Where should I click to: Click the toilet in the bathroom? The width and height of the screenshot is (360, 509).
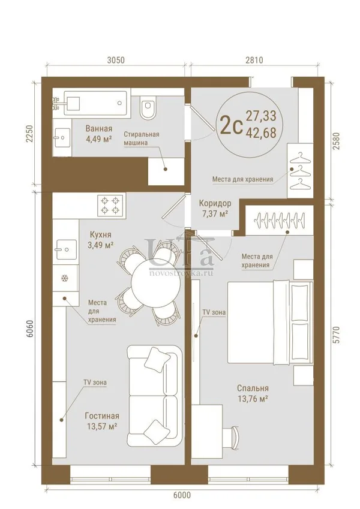(148, 107)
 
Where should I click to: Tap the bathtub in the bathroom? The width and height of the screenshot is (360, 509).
(95, 103)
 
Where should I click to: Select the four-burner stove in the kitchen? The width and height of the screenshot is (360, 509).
(110, 206)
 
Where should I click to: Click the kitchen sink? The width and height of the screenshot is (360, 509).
(67, 249)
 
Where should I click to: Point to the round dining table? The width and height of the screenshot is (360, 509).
(155, 283)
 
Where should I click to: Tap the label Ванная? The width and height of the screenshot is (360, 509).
(99, 128)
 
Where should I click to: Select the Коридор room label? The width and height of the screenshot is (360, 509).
(215, 203)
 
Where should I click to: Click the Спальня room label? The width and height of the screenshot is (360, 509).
(253, 388)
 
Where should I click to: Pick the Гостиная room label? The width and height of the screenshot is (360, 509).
(102, 416)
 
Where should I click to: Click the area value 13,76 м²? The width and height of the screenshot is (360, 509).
(253, 399)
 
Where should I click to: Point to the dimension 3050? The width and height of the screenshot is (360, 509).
(116, 60)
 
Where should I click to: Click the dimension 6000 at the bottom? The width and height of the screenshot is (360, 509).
(182, 495)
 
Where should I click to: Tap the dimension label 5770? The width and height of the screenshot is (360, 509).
(336, 335)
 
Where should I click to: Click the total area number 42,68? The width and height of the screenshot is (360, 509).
(261, 132)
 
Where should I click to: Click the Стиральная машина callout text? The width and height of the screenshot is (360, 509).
(142, 138)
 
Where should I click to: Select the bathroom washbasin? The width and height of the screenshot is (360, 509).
(62, 138)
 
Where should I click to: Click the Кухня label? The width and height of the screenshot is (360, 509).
(100, 234)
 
